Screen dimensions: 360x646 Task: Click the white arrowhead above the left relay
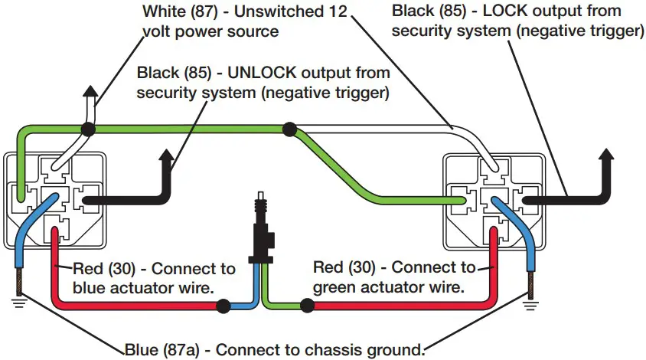(x=90, y=96)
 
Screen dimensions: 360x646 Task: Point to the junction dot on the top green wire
(x=289, y=129)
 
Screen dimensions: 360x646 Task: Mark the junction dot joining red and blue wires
(x=223, y=307)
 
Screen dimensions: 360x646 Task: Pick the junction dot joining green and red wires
(x=306, y=307)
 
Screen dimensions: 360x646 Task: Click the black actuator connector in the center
(x=263, y=230)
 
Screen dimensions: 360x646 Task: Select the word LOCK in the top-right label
(x=504, y=11)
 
